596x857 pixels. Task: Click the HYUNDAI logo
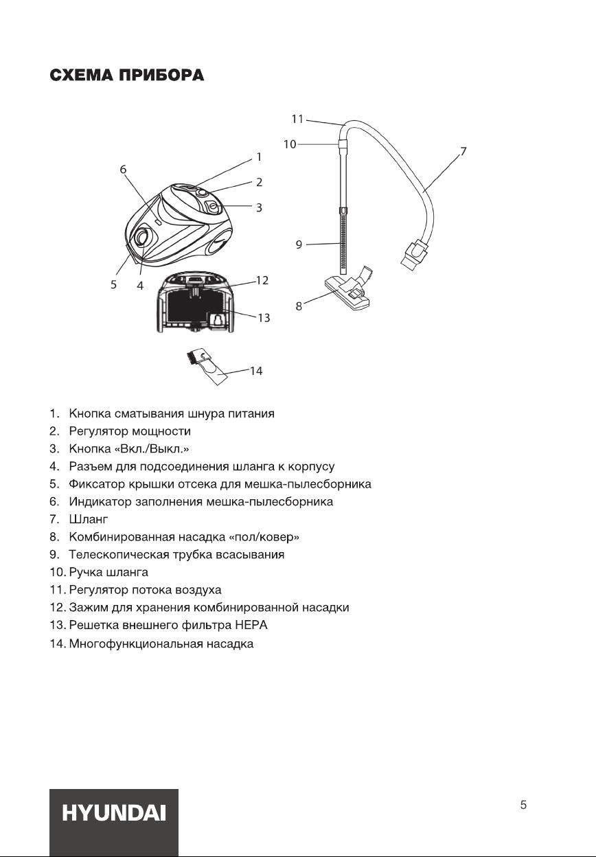[x=114, y=814]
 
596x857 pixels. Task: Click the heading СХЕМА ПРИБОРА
[x=127, y=76]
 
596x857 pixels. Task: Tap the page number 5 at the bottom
[x=524, y=805]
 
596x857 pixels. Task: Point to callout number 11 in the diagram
[x=297, y=119]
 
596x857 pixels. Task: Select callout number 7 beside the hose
[x=463, y=151]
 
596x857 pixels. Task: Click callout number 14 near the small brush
[x=255, y=371]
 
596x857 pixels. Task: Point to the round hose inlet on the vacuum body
[x=141, y=238]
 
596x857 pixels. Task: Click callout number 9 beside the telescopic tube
[x=299, y=244]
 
